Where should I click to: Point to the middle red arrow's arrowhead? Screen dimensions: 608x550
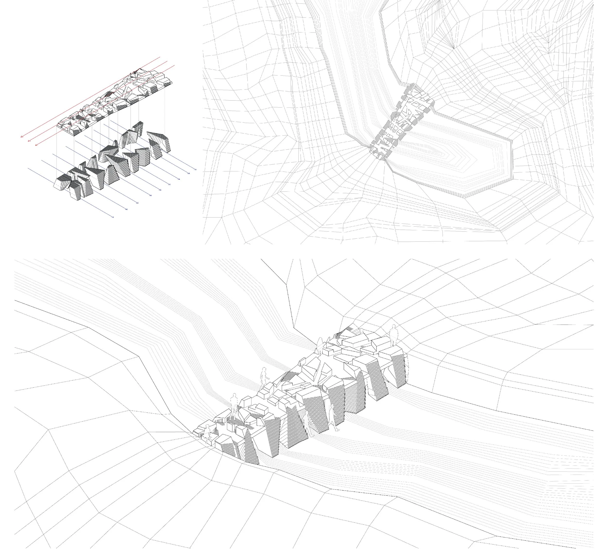tap(28, 141)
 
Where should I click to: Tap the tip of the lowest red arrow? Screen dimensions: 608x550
tap(36, 145)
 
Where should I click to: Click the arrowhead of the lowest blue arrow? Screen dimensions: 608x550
tap(113, 217)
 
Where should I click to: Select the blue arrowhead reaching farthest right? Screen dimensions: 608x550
tap(196, 170)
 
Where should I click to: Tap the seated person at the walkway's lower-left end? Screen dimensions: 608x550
tap(207, 434)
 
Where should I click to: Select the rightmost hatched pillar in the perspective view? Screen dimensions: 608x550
tap(400, 371)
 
